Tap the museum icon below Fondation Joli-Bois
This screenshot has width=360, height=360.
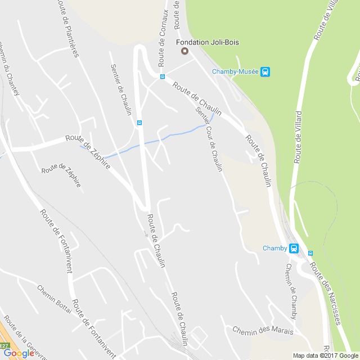pyautogui.click(x=183, y=52)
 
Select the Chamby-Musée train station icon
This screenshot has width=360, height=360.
pyautogui.click(x=265, y=71)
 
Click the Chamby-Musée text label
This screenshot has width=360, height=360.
pyautogui.click(x=235, y=71)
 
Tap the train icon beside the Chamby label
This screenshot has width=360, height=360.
pyautogui.click(x=293, y=248)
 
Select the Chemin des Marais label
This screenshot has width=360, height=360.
pyautogui.click(x=263, y=331)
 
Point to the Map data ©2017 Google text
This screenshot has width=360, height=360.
pyautogui.click(x=325, y=355)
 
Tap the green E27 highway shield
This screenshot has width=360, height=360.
pyautogui.click(x=4, y=346)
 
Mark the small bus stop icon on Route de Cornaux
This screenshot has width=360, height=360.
pyautogui.click(x=163, y=76)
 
